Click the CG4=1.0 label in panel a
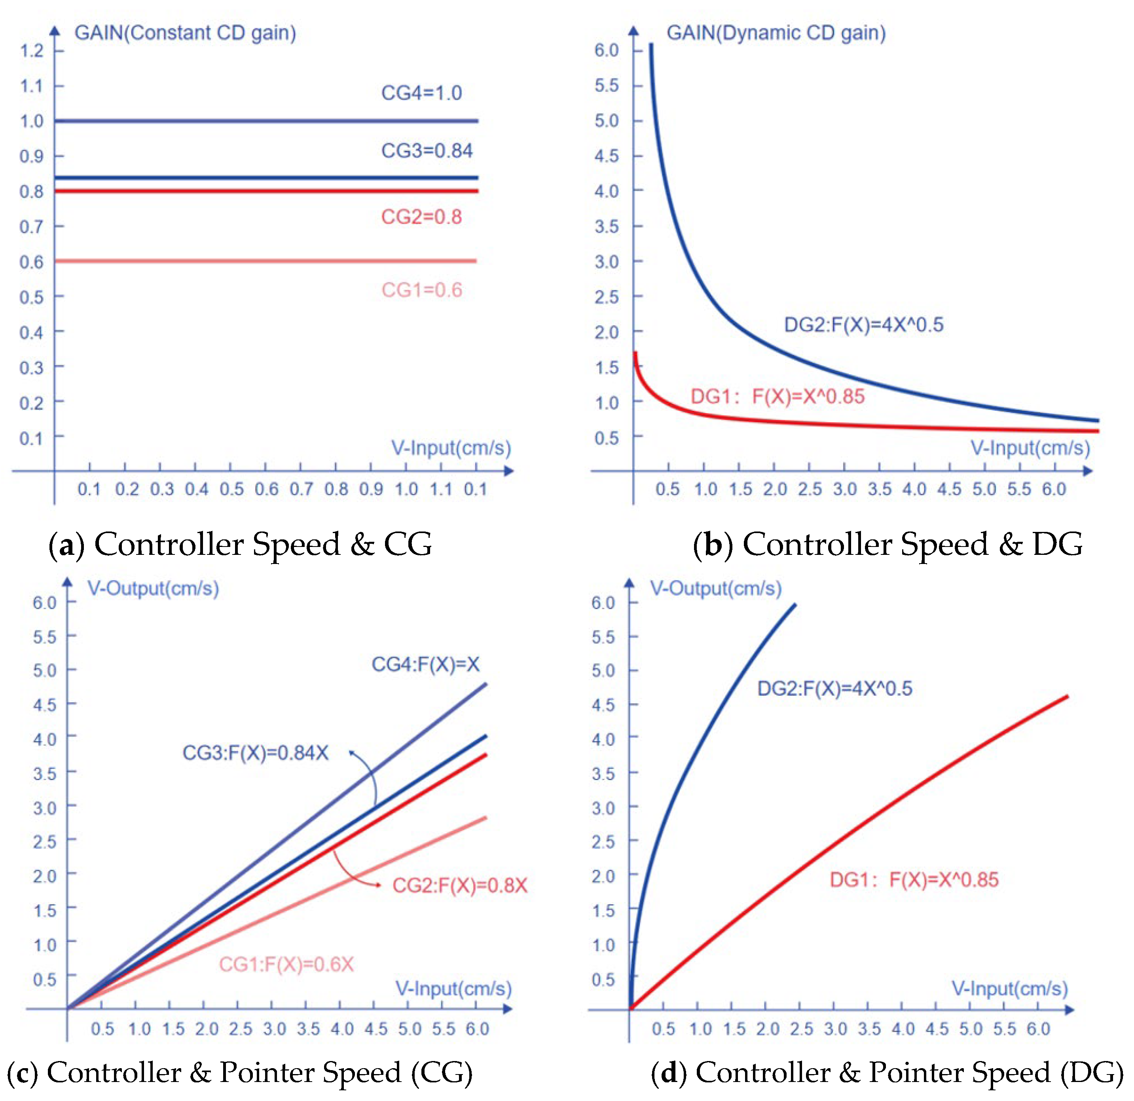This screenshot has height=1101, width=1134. point(421,93)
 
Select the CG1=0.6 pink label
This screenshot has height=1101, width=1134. point(422,290)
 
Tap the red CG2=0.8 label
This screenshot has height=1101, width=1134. point(421,217)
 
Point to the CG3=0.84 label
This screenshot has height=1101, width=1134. point(427,150)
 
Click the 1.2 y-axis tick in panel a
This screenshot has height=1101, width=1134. point(32,51)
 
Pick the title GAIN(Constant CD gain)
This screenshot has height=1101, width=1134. point(185,32)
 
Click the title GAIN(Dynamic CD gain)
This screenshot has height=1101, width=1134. point(776,32)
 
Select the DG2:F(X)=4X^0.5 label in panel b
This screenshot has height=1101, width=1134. point(863,325)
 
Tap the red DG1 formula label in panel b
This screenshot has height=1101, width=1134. point(777,396)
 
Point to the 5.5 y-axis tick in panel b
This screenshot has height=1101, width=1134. point(606,85)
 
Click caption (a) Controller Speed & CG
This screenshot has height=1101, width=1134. point(240,545)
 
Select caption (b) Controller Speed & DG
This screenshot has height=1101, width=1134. point(887,545)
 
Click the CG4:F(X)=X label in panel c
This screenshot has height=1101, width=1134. point(425,664)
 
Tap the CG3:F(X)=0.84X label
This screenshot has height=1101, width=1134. point(255,753)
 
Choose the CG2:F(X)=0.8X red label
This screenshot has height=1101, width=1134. point(460,885)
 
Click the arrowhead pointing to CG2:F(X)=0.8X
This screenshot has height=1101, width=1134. point(378,885)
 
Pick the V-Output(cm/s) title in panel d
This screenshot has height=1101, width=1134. point(716,588)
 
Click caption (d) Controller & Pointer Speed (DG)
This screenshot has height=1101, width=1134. point(887,1072)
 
